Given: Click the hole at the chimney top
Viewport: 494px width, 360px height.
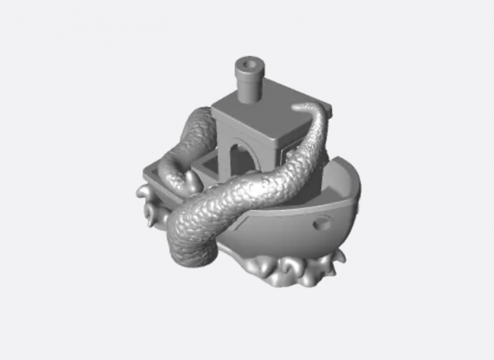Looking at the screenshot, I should click(x=249, y=60).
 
